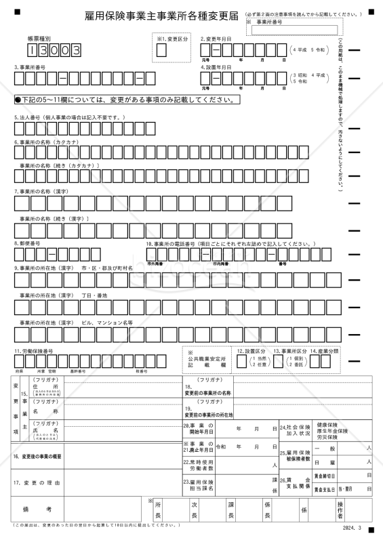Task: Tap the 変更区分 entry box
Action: (161, 49)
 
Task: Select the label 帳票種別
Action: (39, 39)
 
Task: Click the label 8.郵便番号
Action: (27, 243)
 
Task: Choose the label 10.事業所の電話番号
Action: (231, 243)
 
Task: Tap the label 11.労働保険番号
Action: (34, 351)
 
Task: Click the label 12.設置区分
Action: (251, 351)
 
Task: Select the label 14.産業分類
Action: (325, 351)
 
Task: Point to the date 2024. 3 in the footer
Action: (352, 526)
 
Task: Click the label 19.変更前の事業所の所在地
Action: (209, 412)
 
